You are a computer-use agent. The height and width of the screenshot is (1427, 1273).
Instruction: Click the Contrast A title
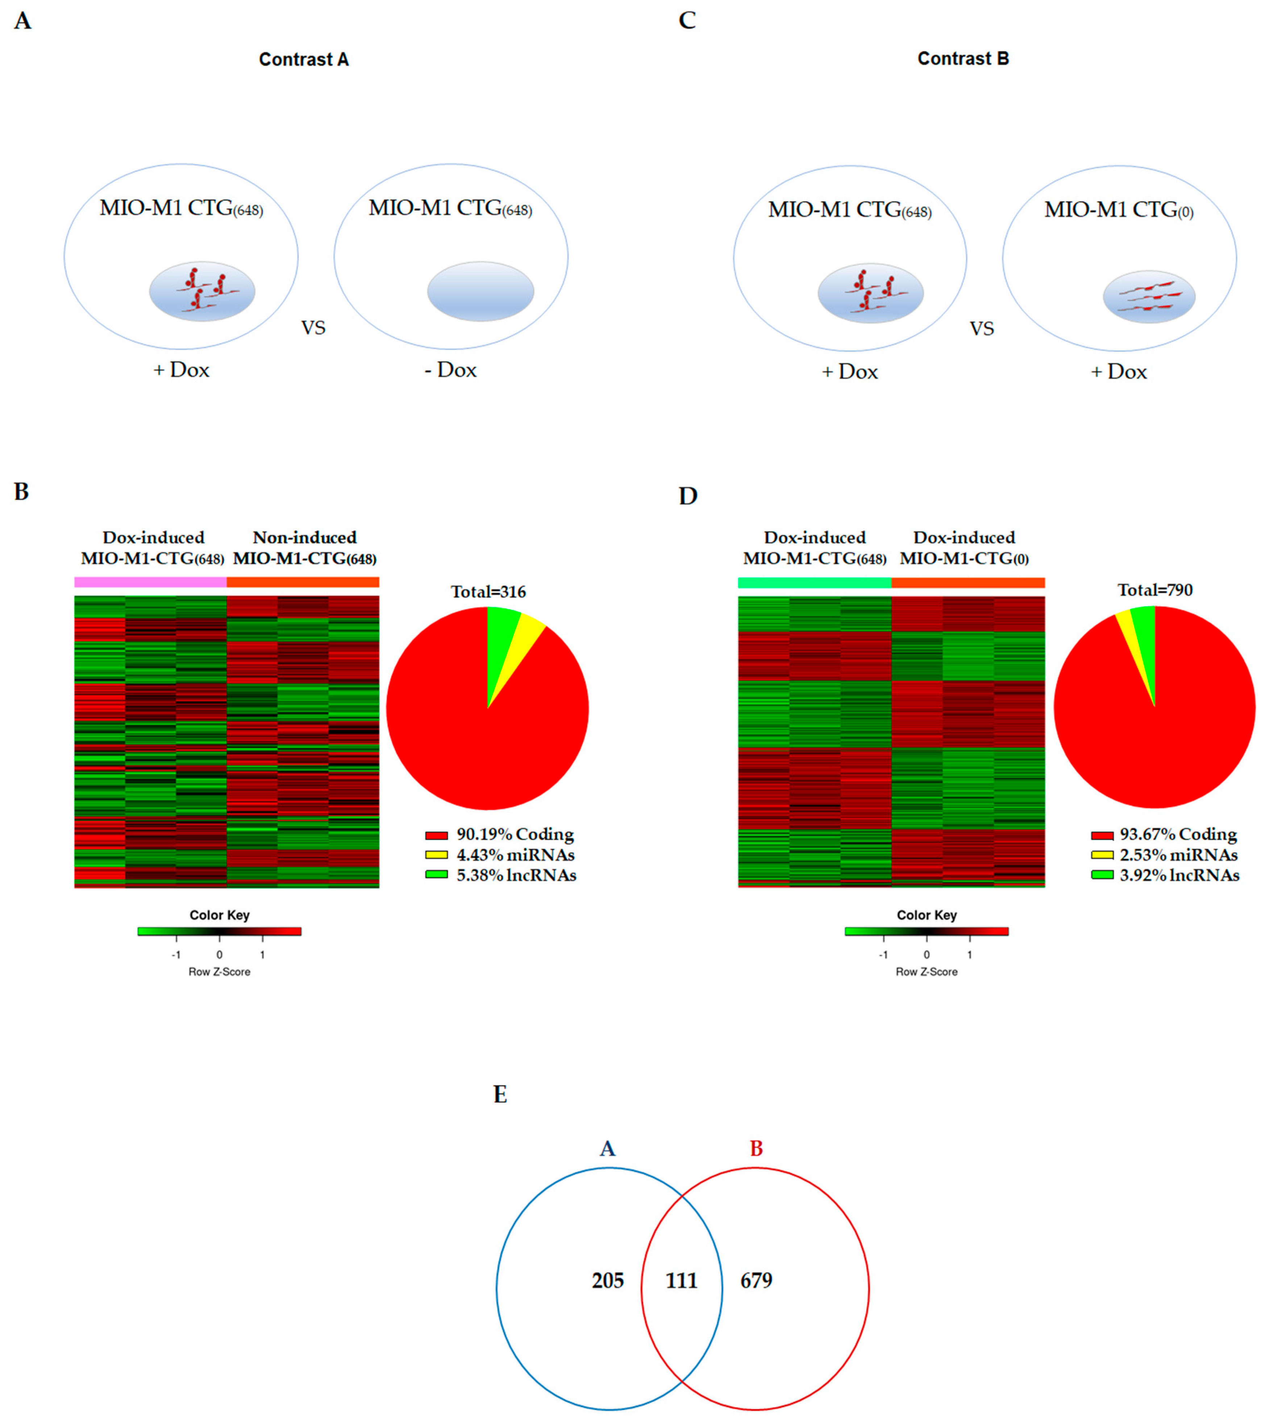pos(304,59)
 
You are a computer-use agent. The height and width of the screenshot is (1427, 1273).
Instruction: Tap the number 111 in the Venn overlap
pos(681,1281)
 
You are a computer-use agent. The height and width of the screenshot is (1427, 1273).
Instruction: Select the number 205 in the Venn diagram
pos(607,1281)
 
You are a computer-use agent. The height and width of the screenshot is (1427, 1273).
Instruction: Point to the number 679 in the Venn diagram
pos(756,1281)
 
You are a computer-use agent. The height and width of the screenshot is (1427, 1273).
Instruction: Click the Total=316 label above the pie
pos(488,592)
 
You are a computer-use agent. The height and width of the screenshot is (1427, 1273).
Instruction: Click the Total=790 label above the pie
pos(1155,590)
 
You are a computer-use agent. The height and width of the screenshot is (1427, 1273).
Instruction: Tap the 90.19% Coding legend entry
pos(500,834)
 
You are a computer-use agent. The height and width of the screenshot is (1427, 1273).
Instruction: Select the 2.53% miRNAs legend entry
pos(1165,855)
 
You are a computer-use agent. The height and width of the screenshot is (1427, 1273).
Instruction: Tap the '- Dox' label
pos(450,370)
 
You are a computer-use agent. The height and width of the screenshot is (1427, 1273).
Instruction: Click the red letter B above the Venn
pos(756,1149)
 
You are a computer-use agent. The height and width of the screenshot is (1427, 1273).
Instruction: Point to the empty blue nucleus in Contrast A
pos(481,291)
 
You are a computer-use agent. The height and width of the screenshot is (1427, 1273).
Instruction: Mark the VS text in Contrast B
pos(981,329)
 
